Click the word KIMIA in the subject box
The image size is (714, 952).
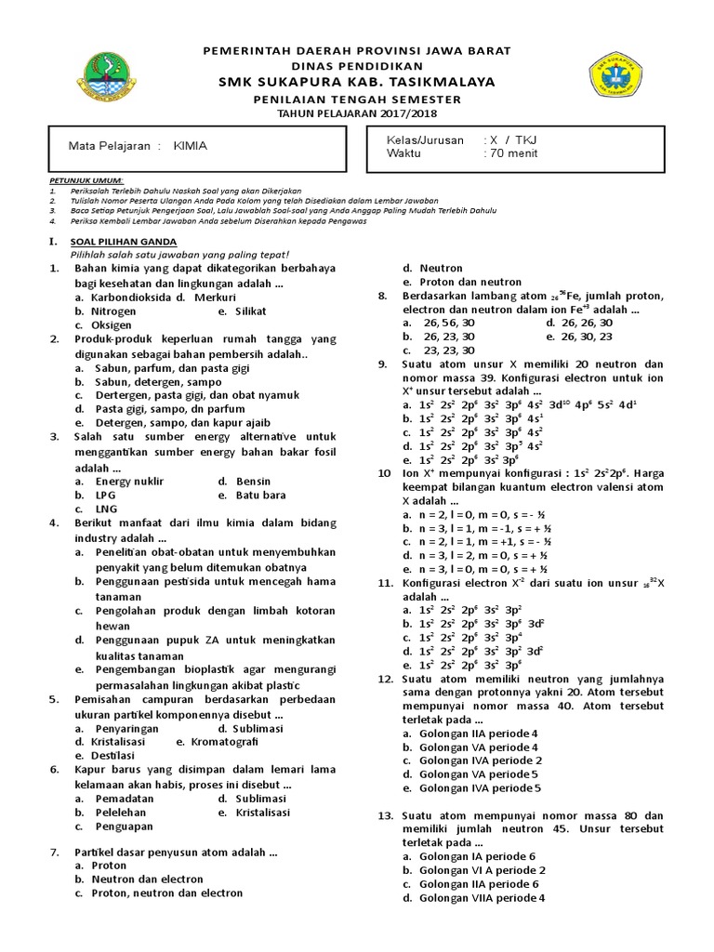point(191,146)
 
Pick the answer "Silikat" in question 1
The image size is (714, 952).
point(250,311)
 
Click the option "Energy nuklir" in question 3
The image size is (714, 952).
point(129,481)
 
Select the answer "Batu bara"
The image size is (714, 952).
point(261,495)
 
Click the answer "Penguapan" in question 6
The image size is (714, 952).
point(124,826)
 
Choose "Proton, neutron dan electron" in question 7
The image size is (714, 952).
point(166,892)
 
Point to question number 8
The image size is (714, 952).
point(382,296)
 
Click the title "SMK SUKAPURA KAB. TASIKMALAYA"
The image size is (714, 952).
point(356,82)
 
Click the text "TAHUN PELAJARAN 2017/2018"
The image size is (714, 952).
point(356,112)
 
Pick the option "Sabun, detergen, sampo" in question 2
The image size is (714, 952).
point(153,381)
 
